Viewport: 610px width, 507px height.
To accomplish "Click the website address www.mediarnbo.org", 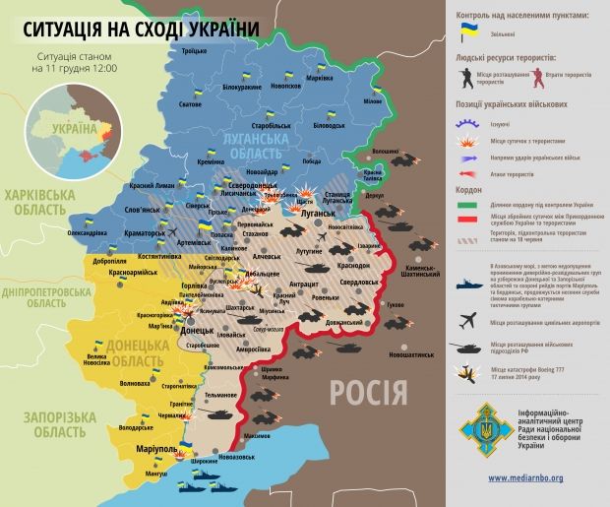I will [x=525, y=477].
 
